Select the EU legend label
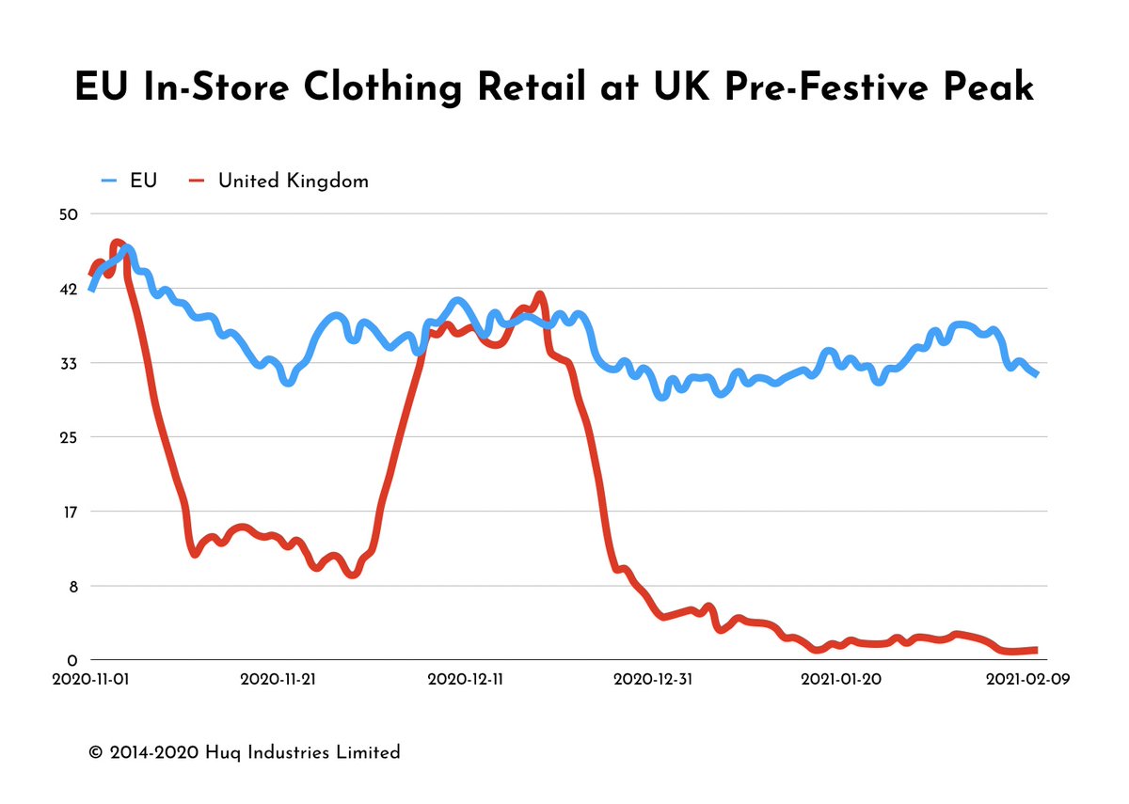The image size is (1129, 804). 144,181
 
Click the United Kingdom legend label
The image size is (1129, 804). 293,181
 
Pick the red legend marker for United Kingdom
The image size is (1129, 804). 197,181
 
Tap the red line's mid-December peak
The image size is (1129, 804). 539,296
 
